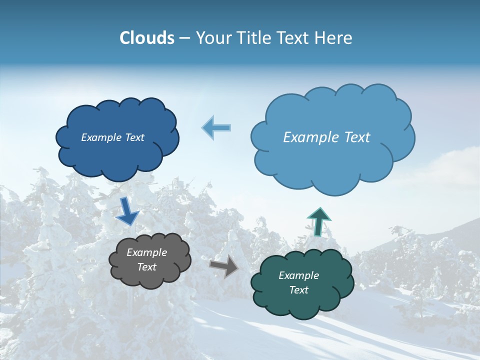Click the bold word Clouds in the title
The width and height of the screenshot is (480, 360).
[x=146, y=38]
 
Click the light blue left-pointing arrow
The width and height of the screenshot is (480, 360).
[x=216, y=127]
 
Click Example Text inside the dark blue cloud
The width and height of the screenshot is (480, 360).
[x=112, y=137]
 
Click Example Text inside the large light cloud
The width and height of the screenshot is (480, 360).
[x=326, y=137]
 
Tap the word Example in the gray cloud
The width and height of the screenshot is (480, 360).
[x=146, y=252]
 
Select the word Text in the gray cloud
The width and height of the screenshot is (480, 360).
[x=146, y=267]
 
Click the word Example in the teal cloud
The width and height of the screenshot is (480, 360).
[x=298, y=275]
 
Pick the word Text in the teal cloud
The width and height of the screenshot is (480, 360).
[x=298, y=290]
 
